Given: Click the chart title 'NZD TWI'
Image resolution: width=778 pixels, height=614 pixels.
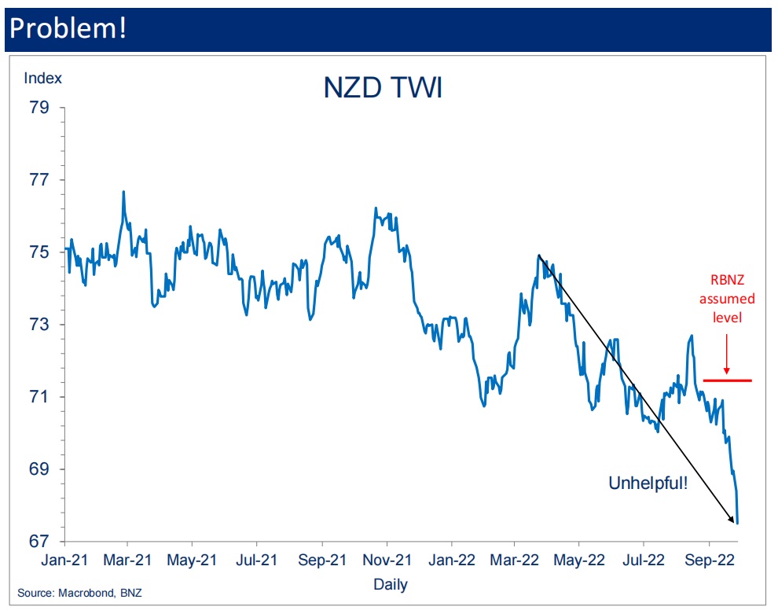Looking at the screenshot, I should click(x=383, y=88).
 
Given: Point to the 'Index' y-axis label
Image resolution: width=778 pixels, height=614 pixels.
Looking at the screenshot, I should click(x=43, y=78).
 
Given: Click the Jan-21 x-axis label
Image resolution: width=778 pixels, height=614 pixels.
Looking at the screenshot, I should click(x=63, y=561).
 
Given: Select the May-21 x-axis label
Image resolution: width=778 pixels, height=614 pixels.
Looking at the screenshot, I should click(x=193, y=561).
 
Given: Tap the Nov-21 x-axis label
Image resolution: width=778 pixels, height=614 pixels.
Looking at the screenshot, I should click(x=387, y=561).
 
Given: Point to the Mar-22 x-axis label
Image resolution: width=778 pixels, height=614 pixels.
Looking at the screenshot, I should click(x=516, y=561).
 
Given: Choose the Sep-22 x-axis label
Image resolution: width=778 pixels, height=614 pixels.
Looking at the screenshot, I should click(x=709, y=561).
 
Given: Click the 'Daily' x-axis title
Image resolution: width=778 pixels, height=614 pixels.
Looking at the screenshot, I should click(x=391, y=585).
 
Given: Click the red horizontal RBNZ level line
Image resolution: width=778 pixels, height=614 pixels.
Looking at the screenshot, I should click(x=727, y=381).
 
